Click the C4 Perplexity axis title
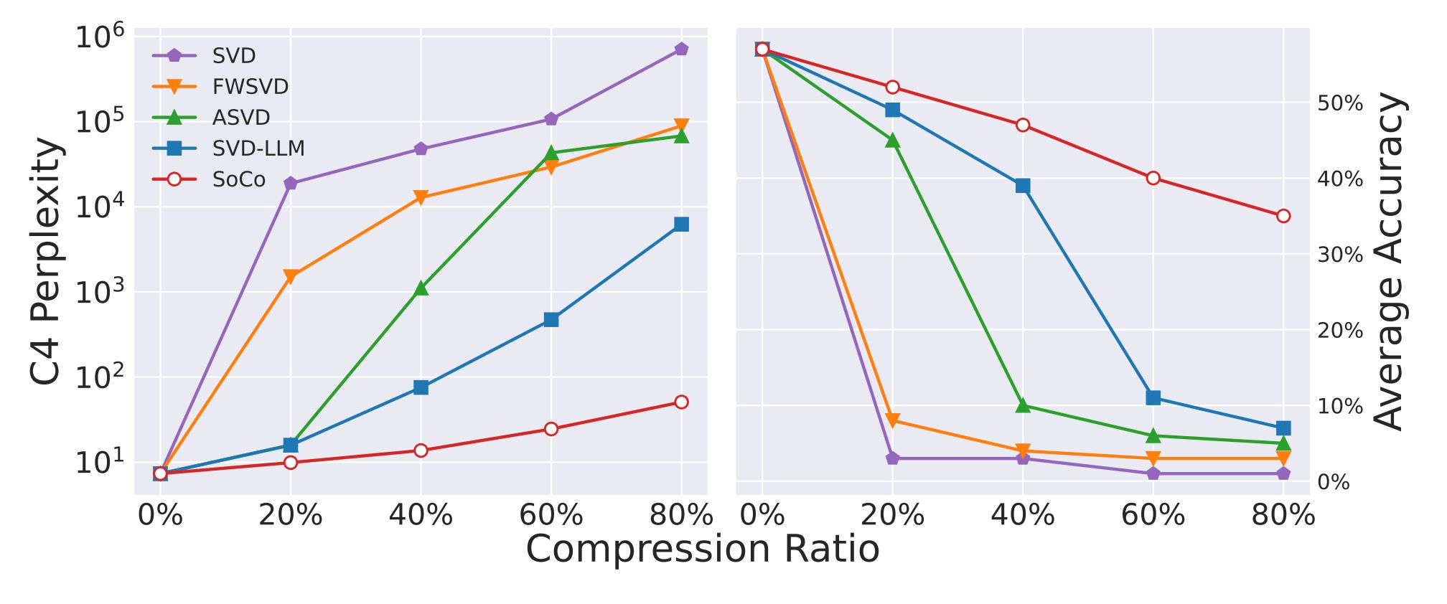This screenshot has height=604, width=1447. [x=47, y=261]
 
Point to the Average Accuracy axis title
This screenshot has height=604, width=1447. [x=1390, y=261]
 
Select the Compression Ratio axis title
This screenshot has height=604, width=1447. [x=703, y=549]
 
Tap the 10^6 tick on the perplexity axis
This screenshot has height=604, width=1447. [x=100, y=38]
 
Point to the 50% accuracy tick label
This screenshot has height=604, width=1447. [x=1340, y=104]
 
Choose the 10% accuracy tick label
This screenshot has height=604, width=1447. [x=1340, y=407]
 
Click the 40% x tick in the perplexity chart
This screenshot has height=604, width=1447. [x=421, y=515]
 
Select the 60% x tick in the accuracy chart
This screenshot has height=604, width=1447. [x=1153, y=515]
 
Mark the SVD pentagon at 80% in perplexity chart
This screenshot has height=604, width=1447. [x=681, y=49]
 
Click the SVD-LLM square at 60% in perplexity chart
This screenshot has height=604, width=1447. [x=551, y=320]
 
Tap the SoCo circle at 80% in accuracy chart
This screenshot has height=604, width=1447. [x=1283, y=216]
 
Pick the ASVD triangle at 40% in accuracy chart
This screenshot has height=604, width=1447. [x=1023, y=406]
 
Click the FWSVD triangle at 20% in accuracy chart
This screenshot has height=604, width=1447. [x=892, y=420]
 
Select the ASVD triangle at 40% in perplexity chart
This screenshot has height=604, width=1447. [x=421, y=288]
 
